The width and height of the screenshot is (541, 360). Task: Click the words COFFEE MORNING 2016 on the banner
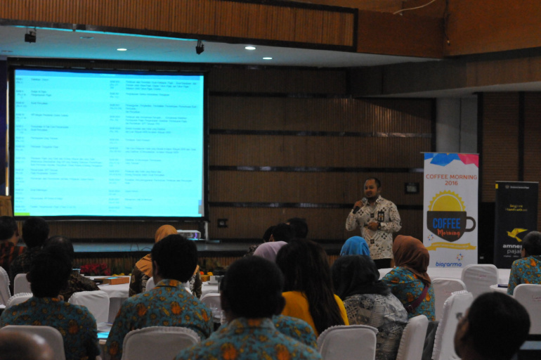(x=450, y=179)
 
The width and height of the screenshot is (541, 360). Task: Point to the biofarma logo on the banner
(x=448, y=264)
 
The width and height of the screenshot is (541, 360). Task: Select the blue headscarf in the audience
(x=355, y=247)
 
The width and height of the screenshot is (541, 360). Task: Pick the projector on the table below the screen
(x=188, y=234)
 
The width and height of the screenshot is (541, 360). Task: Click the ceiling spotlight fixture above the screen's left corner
(x=30, y=36)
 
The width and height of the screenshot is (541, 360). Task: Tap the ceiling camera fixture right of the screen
(x=200, y=48)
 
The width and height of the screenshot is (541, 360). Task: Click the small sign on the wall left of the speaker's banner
(x=412, y=188)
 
